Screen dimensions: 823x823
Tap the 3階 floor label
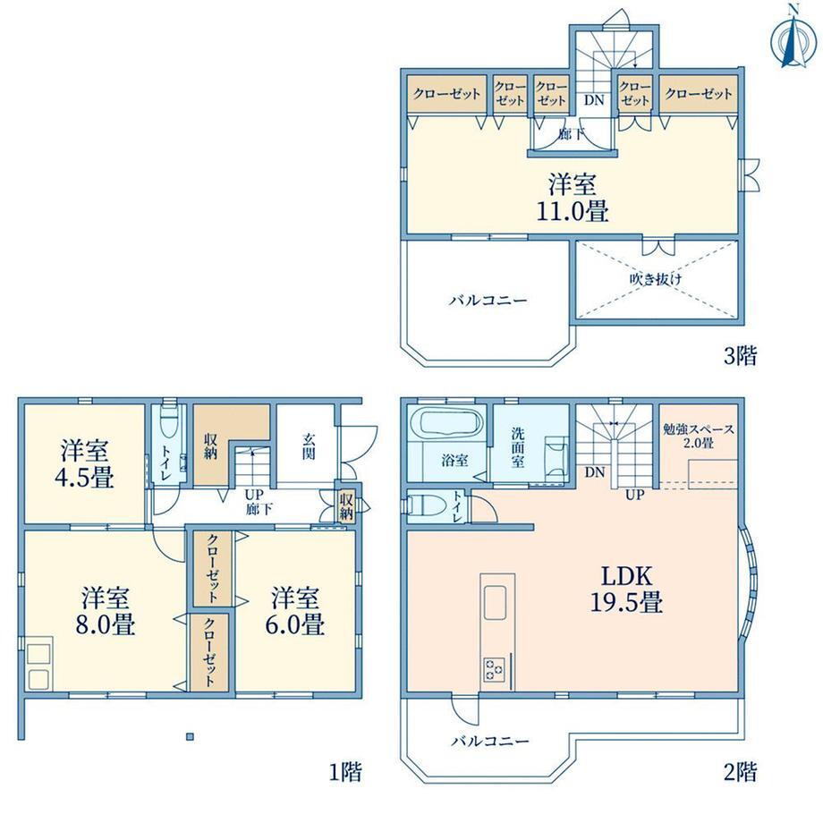[x=740, y=356]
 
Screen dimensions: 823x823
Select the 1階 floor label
[x=345, y=771]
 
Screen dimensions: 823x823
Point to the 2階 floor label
[x=740, y=771]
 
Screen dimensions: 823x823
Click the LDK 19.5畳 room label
[x=627, y=589]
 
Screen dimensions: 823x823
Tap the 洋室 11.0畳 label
[x=573, y=199]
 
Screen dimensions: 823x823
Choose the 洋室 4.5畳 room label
[x=84, y=464]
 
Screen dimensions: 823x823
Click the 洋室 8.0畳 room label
[x=106, y=611]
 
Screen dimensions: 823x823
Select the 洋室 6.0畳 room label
[x=295, y=611]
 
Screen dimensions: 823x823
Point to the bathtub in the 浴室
[x=446, y=422]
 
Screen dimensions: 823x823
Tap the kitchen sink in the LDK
[x=495, y=603]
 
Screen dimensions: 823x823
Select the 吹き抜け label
[x=656, y=279]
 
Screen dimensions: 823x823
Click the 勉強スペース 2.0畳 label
[x=699, y=436]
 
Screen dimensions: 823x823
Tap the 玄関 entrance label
[x=310, y=445]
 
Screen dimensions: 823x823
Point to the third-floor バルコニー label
[x=488, y=301]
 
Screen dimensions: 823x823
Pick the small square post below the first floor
[x=190, y=736]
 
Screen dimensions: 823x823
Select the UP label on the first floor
[x=254, y=495]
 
